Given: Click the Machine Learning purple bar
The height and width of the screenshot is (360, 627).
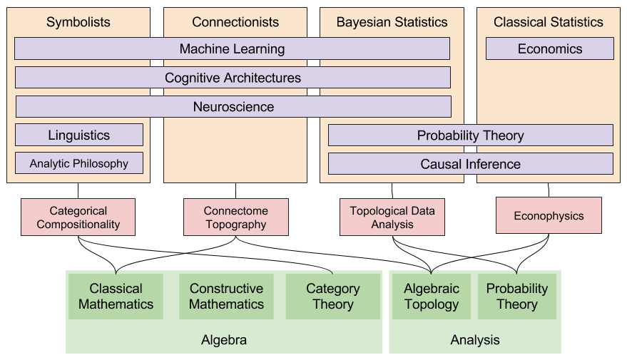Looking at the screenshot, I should pyautogui.click(x=232, y=48).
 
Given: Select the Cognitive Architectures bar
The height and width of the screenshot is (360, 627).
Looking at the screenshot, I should pyautogui.click(x=233, y=78).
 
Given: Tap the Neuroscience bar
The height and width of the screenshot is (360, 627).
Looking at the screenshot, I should pyautogui.click(x=233, y=107).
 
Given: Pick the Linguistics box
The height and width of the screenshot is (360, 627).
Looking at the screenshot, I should pyautogui.click(x=79, y=135).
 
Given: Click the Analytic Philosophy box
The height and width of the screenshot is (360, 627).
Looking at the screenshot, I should pyautogui.click(x=79, y=163).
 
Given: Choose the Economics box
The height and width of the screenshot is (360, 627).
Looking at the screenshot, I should pyautogui.click(x=549, y=48).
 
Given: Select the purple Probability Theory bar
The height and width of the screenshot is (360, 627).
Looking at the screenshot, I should pyautogui.click(x=470, y=135).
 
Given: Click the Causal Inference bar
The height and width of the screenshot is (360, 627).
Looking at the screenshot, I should pyautogui.click(x=470, y=164).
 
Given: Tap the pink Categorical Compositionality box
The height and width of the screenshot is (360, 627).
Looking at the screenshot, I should pyautogui.click(x=78, y=217).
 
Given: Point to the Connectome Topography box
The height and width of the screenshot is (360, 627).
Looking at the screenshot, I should pyautogui.click(x=235, y=217).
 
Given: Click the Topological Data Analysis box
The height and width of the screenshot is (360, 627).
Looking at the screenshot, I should pyautogui.click(x=392, y=217).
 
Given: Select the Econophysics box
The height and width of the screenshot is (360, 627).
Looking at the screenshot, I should pyautogui.click(x=549, y=216).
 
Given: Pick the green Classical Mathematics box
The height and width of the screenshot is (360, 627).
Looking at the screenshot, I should pyautogui.click(x=116, y=297).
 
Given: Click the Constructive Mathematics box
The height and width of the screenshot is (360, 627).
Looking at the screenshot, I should pyautogui.click(x=226, y=297).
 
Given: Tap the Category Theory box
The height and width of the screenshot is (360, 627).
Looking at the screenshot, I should pyautogui.click(x=332, y=297).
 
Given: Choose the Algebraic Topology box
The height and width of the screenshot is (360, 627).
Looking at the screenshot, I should pyautogui.click(x=431, y=297).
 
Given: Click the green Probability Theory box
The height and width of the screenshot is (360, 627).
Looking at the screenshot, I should pyautogui.click(x=516, y=297).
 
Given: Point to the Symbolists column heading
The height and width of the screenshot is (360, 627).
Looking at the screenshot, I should pyautogui.click(x=78, y=22).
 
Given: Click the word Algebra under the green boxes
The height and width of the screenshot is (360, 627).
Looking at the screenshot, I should pyautogui.click(x=224, y=340).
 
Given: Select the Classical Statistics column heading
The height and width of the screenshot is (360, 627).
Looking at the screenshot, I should pyautogui.click(x=548, y=22).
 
